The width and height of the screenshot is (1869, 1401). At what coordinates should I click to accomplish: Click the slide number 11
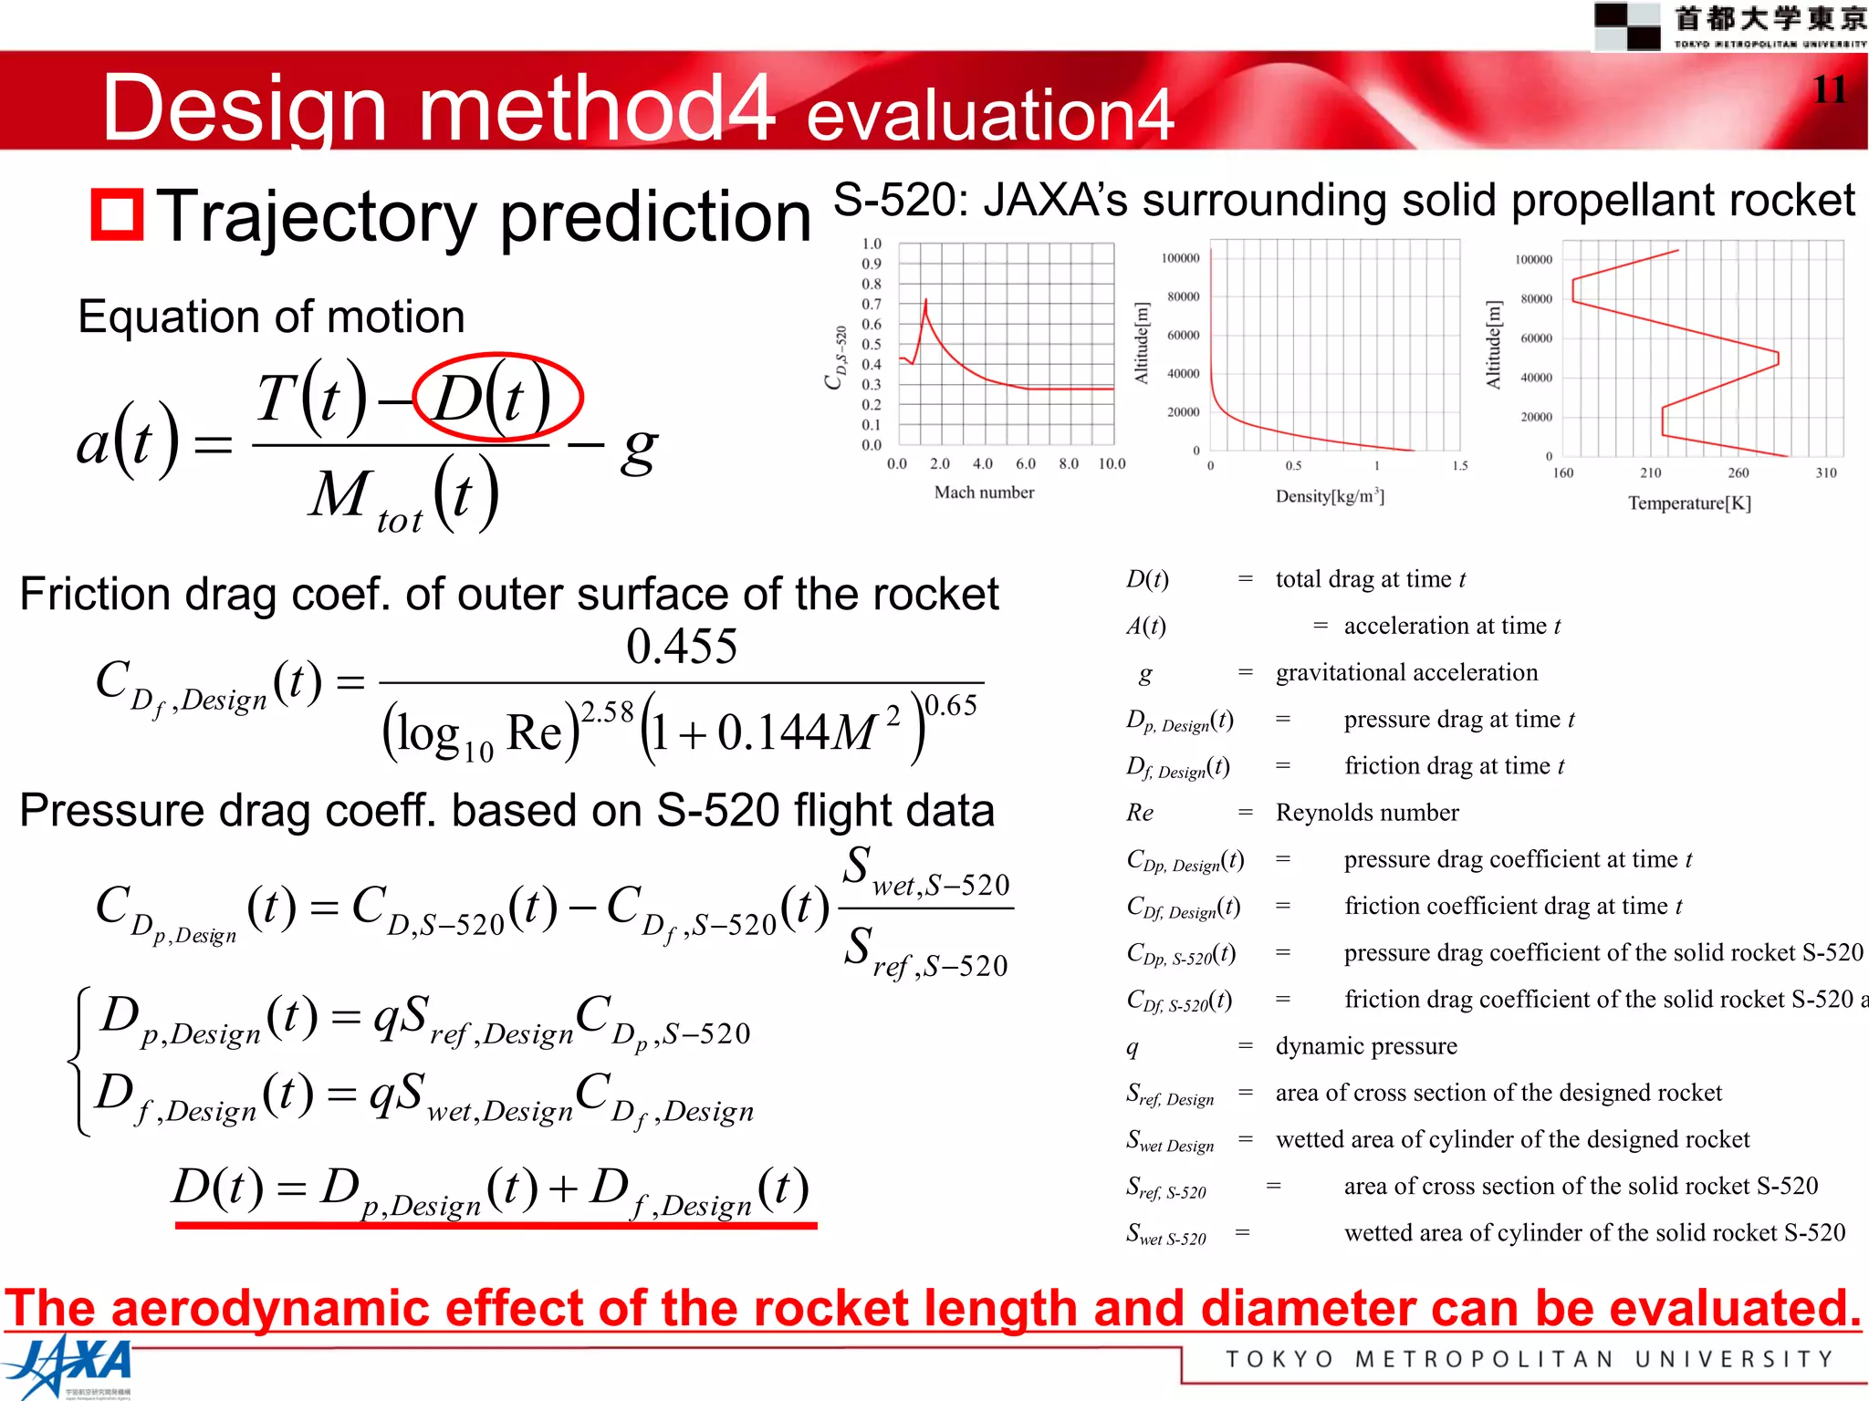(x=1829, y=89)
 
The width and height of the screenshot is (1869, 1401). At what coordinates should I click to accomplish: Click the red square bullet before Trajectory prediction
(x=117, y=215)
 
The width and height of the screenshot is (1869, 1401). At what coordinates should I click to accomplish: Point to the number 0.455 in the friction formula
(x=682, y=647)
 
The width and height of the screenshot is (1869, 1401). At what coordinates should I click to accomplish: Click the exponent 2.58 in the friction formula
(x=607, y=711)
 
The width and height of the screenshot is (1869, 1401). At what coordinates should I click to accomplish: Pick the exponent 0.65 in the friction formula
(x=951, y=705)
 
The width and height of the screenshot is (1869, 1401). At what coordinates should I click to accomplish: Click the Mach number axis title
(x=984, y=493)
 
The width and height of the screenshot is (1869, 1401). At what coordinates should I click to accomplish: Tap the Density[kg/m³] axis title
(x=1330, y=496)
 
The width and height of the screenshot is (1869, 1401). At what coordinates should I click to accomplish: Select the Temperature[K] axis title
(x=1689, y=503)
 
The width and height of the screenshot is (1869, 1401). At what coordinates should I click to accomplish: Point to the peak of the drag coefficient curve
(x=926, y=300)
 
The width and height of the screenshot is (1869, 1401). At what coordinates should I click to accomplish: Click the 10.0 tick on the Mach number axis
(x=1112, y=464)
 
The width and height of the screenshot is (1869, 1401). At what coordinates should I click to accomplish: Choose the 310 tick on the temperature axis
(x=1826, y=472)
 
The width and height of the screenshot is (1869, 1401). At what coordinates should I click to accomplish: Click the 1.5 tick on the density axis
(x=1460, y=466)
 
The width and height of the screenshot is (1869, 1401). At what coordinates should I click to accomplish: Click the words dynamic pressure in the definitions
(x=1366, y=1046)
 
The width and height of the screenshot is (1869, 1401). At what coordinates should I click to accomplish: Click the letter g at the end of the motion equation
(x=639, y=449)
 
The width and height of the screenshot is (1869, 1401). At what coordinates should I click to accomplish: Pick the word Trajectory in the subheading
(x=316, y=217)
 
